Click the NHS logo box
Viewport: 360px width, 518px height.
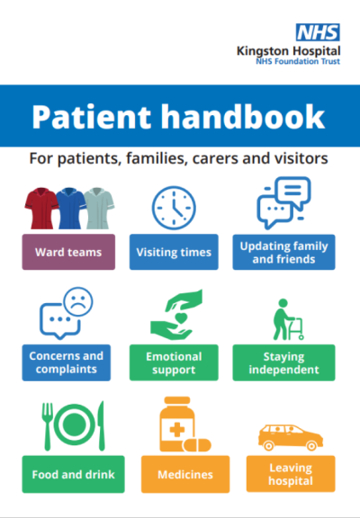pos(318,32)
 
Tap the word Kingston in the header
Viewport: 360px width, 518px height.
pos(263,51)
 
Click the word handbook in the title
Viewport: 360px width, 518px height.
pos(243,116)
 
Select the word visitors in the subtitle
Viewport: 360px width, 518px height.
pos(302,158)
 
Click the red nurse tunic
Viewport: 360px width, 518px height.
pos(41,208)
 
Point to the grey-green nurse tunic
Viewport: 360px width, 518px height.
pos(98,208)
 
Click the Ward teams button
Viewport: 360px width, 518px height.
pos(68,252)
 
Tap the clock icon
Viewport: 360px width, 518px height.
pos(174,208)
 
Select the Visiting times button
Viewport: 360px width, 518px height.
pos(174,252)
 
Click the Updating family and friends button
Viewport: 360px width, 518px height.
pos(283,252)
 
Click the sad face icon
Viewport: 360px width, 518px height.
pos(78,302)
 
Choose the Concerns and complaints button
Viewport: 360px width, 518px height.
pos(67,362)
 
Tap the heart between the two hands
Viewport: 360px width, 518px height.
pos(181,318)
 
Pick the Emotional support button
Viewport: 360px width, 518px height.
pos(174,362)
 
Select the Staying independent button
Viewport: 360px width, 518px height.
pos(283,362)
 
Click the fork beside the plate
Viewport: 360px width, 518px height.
pos(48,426)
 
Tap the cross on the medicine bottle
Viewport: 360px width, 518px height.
pos(177,430)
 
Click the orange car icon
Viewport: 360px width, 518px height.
pos(291,437)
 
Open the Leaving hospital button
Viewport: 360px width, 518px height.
pos(291,474)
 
